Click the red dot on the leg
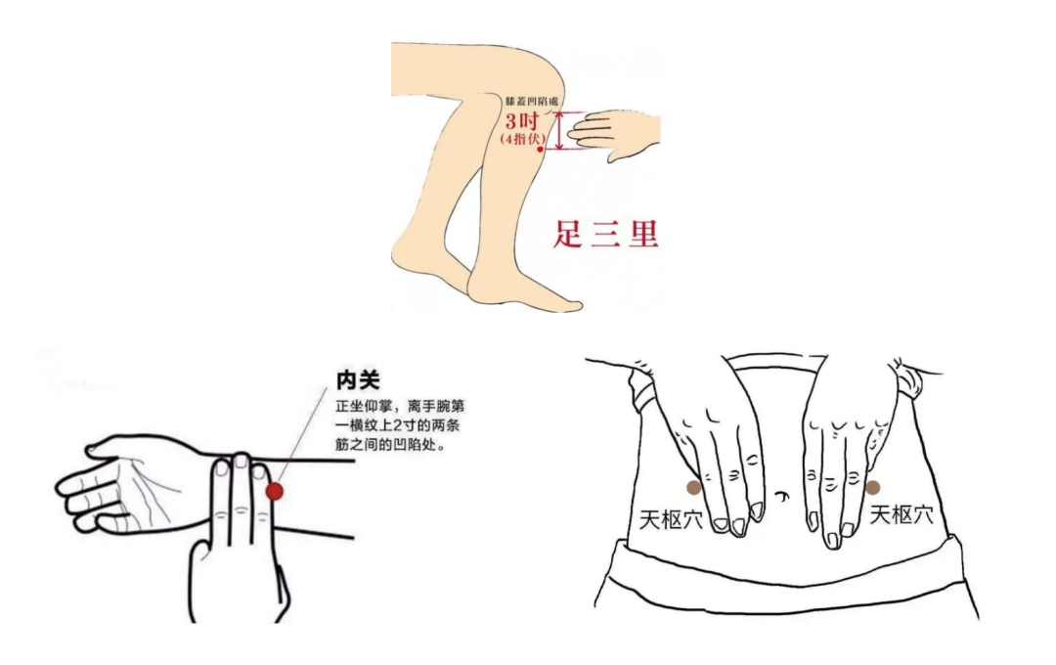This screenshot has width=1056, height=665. (540, 149)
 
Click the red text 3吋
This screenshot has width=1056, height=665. (521, 122)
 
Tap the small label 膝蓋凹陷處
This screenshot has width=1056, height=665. (531, 101)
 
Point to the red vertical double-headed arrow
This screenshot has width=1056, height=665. (559, 131)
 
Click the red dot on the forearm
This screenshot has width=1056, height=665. (276, 491)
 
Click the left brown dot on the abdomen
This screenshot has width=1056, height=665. (693, 487)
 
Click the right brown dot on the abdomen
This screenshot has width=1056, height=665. (872, 487)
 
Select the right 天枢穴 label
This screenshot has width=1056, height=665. (902, 514)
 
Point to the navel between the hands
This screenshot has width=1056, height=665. (783, 496)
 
